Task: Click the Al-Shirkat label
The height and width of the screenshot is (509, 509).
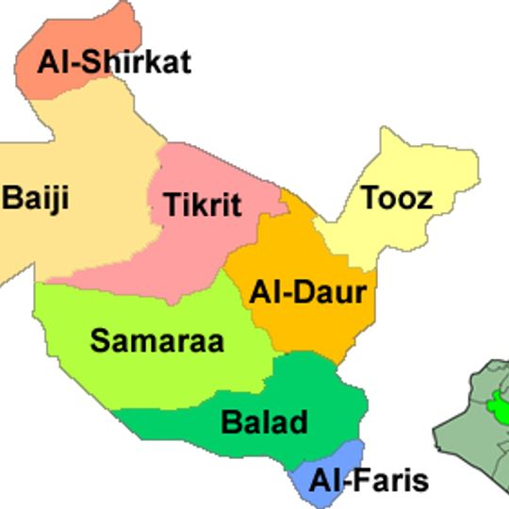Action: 114,62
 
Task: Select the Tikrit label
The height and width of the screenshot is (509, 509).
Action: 203,205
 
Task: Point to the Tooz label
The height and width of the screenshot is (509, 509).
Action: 397,198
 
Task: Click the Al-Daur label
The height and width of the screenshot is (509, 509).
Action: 307,292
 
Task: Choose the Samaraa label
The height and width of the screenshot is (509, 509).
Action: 157,340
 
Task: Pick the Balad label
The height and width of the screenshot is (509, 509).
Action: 264,421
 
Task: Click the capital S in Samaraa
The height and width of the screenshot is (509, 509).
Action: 99,340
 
